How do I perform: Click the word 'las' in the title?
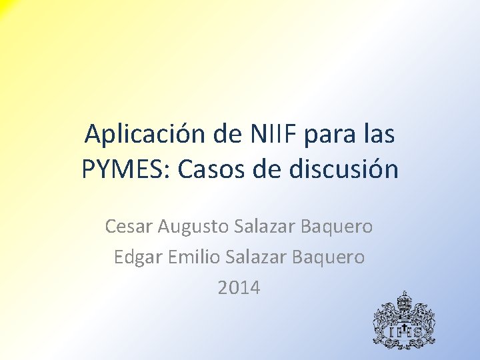(378, 135)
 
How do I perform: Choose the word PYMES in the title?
(125, 169)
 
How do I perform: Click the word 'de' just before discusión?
(269, 169)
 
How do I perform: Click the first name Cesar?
(129, 227)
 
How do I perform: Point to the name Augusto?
(193, 227)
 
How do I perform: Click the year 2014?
(239, 287)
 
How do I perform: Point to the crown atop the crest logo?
(403, 296)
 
